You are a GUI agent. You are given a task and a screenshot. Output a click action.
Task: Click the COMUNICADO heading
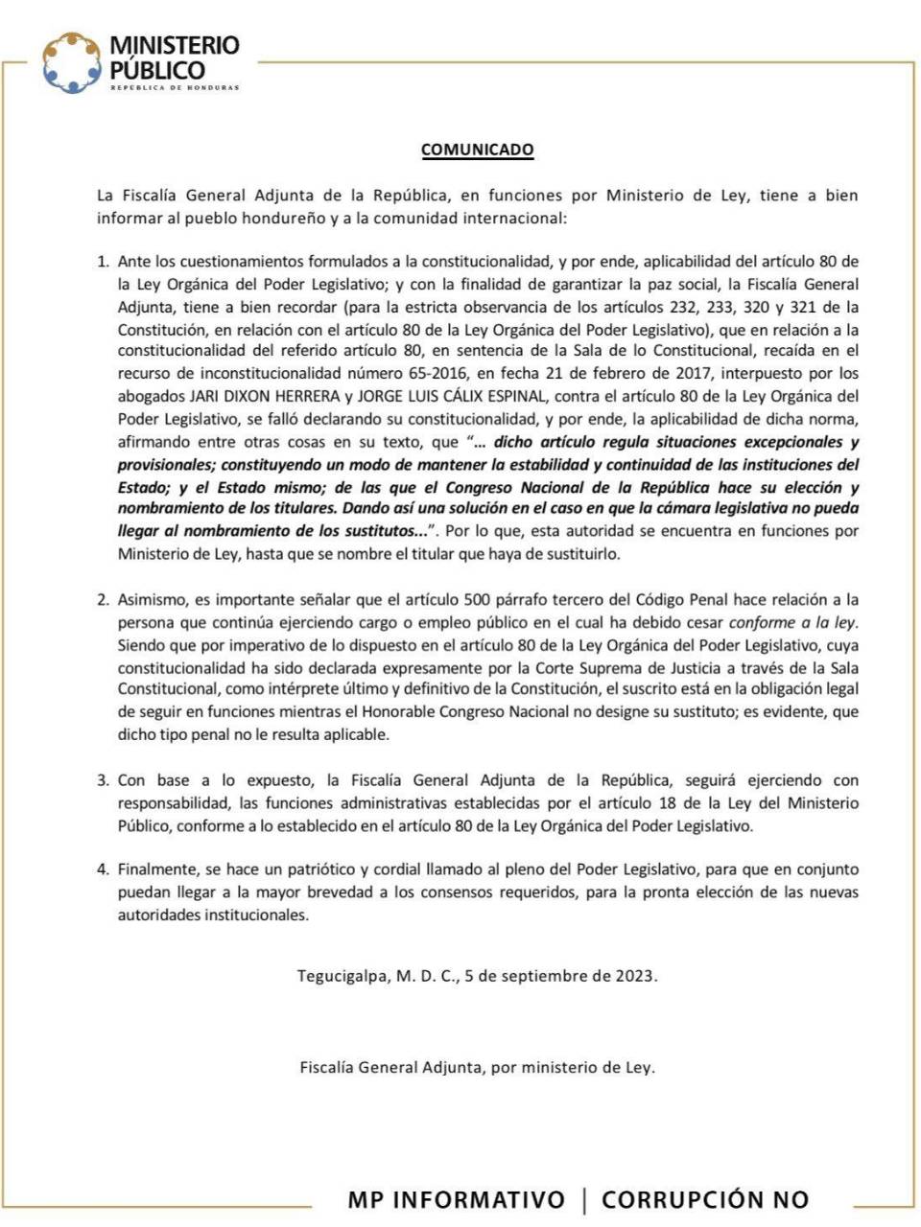tap(477, 150)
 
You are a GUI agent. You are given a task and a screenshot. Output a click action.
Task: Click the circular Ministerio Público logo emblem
tap(71, 63)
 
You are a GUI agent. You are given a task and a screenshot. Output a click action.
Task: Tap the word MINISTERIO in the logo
tap(175, 46)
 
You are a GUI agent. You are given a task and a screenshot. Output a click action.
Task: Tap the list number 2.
tap(103, 600)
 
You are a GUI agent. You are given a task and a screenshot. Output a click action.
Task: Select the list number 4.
tap(103, 869)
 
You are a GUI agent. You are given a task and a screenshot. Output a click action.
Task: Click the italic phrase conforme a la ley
tap(792, 622)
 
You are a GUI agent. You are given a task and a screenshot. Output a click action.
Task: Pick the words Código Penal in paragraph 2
tap(682, 600)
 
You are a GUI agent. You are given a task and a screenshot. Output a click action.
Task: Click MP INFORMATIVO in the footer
tap(457, 1199)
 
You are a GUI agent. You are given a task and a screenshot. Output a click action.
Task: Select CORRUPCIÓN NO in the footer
tap(705, 1199)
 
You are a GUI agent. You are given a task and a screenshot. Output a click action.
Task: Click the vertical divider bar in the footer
tap(584, 1199)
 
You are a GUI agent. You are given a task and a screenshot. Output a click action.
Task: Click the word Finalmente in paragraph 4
tap(156, 869)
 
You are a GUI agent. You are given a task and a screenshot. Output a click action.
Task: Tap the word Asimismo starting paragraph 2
tap(153, 600)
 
